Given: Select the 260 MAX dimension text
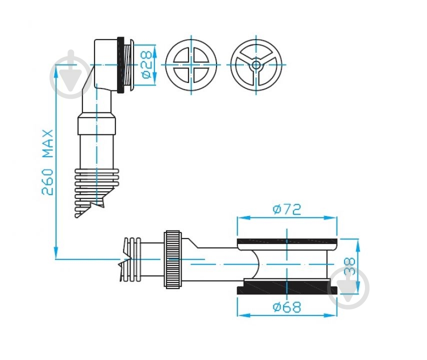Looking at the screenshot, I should (47, 163).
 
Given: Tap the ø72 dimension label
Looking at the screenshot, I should (287, 209).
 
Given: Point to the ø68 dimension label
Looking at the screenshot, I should (287, 307).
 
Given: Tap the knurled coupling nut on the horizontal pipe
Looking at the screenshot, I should (172, 259).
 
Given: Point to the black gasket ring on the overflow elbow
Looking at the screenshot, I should (120, 65).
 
